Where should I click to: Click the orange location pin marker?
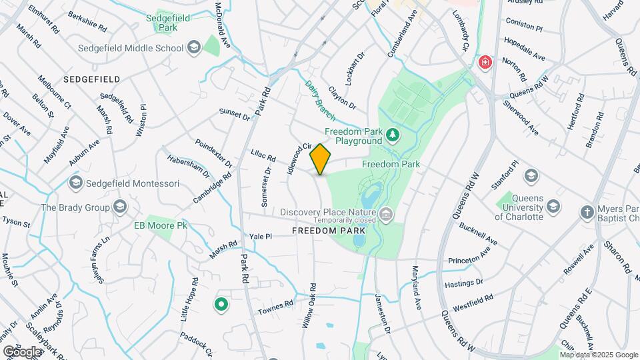pyautogui.click(x=320, y=159)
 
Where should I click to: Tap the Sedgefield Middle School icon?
pyautogui.click(x=193, y=47)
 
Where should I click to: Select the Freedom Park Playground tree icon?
pyautogui.click(x=393, y=136)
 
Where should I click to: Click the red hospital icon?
pyautogui.click(x=485, y=63)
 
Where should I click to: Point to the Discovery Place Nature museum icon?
pyautogui.click(x=387, y=213)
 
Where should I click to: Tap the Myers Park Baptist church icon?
pyautogui.click(x=587, y=212)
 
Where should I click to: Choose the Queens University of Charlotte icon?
pyautogui.click(x=531, y=176)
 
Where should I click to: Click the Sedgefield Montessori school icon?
pyautogui.click(x=75, y=183)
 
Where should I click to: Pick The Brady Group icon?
pyautogui.click(x=120, y=207)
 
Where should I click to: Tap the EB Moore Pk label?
pyautogui.click(x=161, y=225)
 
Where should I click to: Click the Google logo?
pyautogui.click(x=22, y=351)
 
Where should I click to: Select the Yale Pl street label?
pyautogui.click(x=261, y=236)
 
